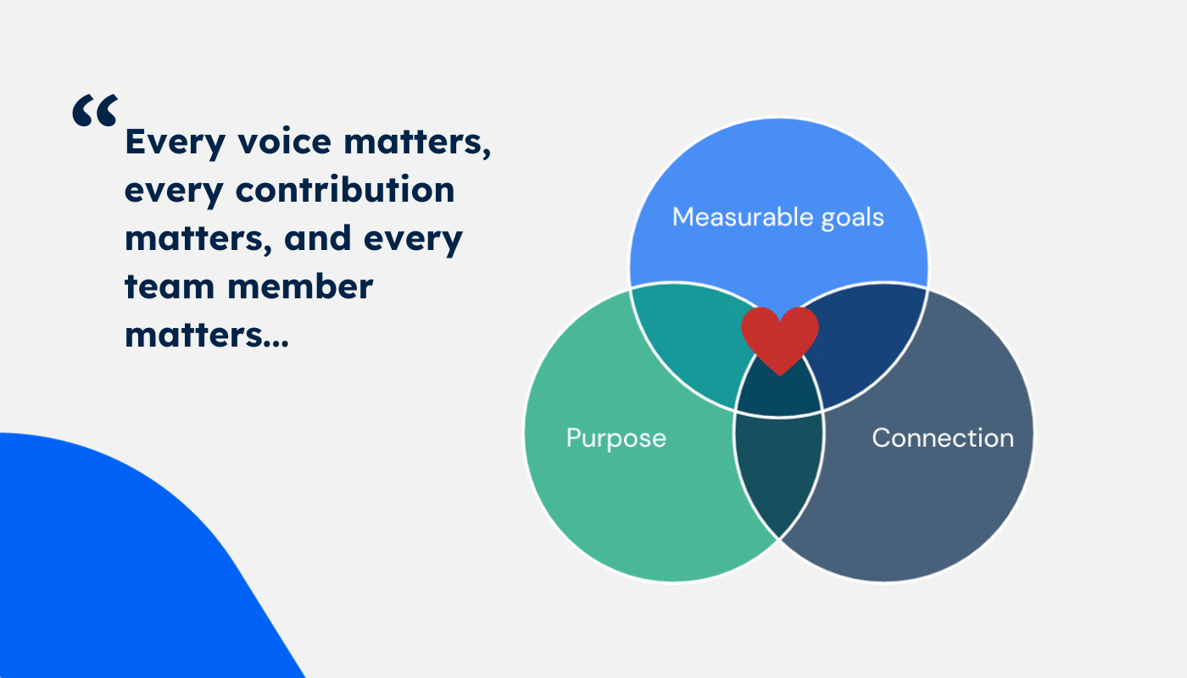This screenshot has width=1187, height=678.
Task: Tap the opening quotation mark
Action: [x=95, y=110]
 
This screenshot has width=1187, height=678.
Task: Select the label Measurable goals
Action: [x=778, y=217]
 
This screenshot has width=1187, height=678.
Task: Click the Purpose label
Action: [x=616, y=439]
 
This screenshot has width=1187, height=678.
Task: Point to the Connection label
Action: [x=943, y=438]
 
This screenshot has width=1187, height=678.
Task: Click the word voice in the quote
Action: [x=285, y=142]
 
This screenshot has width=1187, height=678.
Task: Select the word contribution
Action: [x=345, y=189]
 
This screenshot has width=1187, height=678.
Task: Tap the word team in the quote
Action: [x=170, y=286]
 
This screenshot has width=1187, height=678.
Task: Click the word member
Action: [x=300, y=286]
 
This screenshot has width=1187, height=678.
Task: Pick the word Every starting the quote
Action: [x=176, y=143]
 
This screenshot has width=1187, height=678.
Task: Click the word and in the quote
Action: [x=317, y=238]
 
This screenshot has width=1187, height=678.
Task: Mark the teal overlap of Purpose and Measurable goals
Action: [x=688, y=339]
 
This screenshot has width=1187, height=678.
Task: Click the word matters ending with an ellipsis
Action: [x=193, y=335]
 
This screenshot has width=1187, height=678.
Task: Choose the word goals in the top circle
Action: [x=853, y=219]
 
